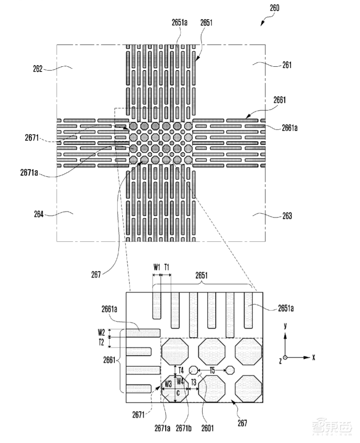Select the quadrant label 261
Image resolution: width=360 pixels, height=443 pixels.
pos(286,65)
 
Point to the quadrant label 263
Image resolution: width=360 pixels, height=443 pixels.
pos(287,216)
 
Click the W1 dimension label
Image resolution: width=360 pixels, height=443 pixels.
pos(157,267)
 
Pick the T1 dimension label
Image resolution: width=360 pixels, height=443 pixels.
pos(167,267)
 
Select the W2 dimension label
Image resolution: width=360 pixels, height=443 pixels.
pos(101,332)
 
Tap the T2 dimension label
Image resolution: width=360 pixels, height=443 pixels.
pos(101,341)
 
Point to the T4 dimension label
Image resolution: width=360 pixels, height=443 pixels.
pos(181,370)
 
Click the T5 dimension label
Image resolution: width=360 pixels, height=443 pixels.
pos(212,370)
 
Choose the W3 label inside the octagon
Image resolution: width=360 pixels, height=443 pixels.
pos(168,384)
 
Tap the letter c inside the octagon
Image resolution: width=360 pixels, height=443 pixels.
pos(178,393)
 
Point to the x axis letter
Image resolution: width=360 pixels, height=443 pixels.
pos(313,358)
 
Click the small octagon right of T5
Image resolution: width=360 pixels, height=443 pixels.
pos(230,370)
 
